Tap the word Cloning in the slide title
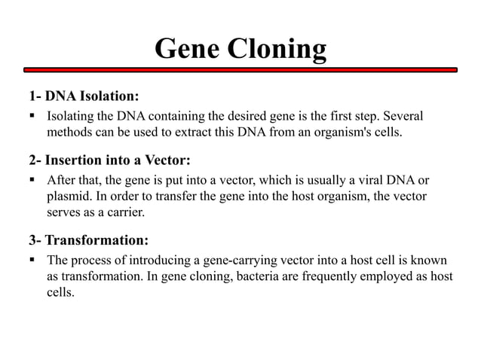click(x=277, y=50)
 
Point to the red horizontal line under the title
click(x=240, y=70)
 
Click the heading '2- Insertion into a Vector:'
click(x=109, y=160)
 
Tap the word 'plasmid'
click(x=69, y=198)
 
